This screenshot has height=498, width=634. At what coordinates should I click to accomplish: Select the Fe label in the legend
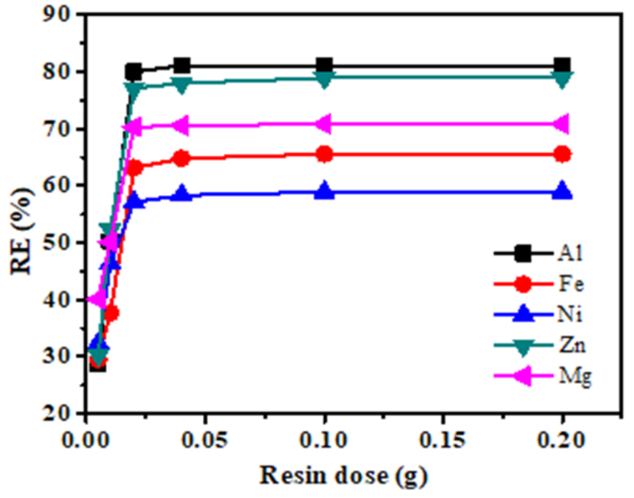(571, 284)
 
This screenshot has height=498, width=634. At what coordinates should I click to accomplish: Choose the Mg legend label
(575, 376)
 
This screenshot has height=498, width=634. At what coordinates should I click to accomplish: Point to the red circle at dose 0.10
(325, 154)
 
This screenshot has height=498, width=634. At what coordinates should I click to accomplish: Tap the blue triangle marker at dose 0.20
(562, 191)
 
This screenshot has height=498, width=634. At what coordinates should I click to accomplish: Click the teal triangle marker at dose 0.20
(562, 79)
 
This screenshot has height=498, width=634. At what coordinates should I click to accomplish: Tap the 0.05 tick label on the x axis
(204, 440)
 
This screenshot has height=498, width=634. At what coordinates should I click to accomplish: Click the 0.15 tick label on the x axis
(442, 440)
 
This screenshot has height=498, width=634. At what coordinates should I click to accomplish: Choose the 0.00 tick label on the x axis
(85, 440)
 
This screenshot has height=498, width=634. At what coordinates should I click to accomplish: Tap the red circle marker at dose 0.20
(562, 154)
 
